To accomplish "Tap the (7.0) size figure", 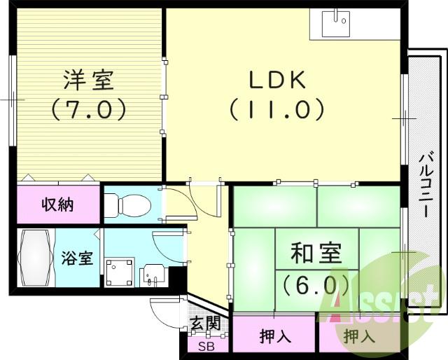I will pyautogui.click(x=87, y=109).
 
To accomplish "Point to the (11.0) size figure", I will pyautogui.click(x=278, y=109).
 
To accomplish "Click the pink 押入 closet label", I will pyautogui.click(x=274, y=337).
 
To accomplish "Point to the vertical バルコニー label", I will pyautogui.click(x=425, y=186).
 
